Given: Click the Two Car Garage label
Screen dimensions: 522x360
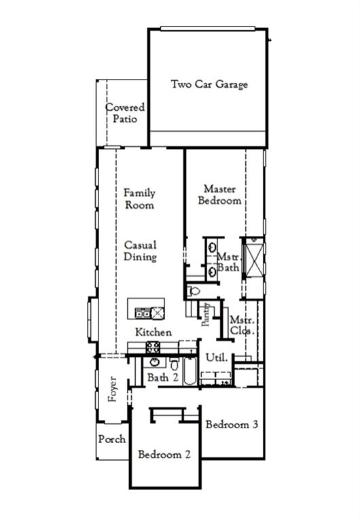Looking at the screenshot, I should pyautogui.click(x=209, y=85).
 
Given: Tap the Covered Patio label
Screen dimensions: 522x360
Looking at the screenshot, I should pyautogui.click(x=125, y=113).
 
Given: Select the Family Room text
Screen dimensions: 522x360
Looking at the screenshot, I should pyautogui.click(x=139, y=199).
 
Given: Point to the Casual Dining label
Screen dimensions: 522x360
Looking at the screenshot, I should pyautogui.click(x=140, y=251).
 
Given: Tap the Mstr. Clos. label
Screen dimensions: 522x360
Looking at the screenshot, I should pyautogui.click(x=241, y=326).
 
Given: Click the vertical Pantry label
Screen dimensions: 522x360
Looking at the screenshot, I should pyautogui.click(x=205, y=316).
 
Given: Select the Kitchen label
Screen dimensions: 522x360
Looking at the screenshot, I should pyautogui.click(x=154, y=332).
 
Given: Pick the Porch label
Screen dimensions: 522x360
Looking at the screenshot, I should pyautogui.click(x=112, y=439).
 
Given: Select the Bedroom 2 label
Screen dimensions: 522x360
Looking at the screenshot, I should pyautogui.click(x=164, y=455).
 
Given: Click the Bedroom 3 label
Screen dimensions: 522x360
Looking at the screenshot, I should pyautogui.click(x=232, y=425).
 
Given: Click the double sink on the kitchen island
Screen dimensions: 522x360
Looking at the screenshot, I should pyautogui.click(x=143, y=313).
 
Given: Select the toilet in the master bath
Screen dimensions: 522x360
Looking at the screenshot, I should pyautogui.click(x=194, y=291).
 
